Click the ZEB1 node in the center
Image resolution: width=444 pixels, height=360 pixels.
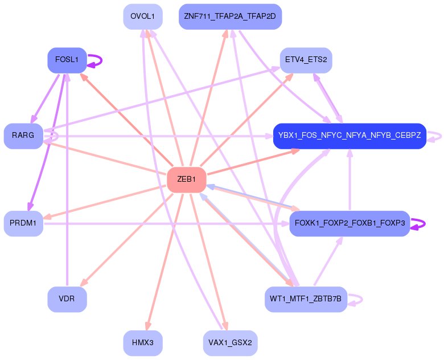point(186,179)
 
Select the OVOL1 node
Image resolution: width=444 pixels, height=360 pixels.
point(142,17)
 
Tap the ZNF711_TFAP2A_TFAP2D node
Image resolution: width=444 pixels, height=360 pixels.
point(230,17)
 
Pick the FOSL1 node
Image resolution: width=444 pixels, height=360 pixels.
point(67,60)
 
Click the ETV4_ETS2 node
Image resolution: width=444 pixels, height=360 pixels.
point(306,60)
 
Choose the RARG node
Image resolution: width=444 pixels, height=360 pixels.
point(23,136)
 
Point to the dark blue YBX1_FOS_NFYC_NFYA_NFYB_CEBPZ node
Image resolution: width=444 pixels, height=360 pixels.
point(350,136)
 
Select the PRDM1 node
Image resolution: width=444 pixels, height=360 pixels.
point(23,223)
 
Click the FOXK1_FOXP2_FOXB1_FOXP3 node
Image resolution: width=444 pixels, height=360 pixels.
point(350,223)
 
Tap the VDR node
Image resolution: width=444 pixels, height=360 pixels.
point(67,299)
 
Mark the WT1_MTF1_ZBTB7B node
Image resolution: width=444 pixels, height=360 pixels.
point(306,299)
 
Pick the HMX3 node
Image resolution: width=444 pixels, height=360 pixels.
point(142,343)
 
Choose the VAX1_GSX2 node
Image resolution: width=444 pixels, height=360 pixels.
point(230,343)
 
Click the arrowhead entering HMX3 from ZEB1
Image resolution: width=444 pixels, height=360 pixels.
point(148,325)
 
